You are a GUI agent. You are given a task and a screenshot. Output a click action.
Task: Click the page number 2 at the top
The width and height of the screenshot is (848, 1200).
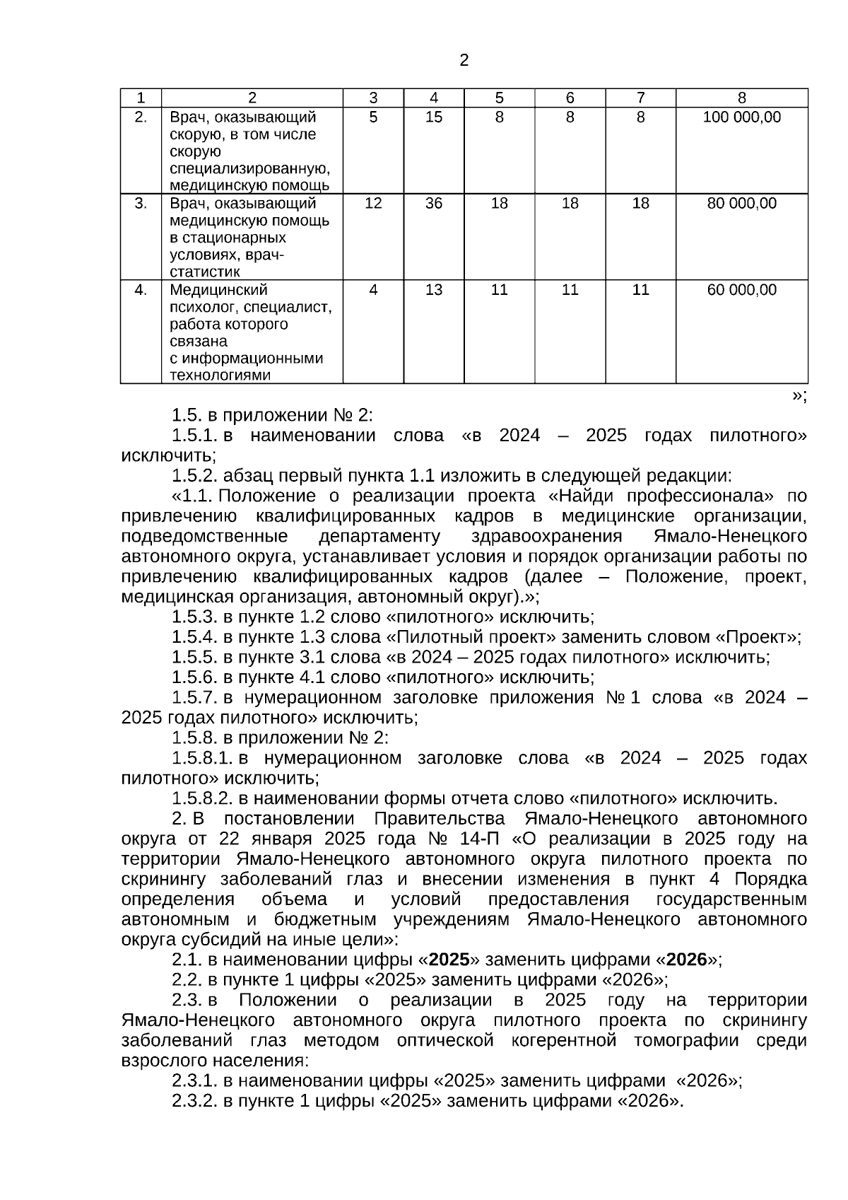click(464, 61)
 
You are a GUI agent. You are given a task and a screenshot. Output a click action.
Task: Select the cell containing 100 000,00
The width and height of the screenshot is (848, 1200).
click(741, 117)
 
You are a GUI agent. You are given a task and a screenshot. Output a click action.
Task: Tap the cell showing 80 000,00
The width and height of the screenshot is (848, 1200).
click(741, 204)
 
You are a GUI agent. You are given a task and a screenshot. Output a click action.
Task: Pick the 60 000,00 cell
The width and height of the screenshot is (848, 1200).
click(741, 290)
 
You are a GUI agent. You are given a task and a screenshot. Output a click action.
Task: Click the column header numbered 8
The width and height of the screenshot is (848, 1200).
click(741, 98)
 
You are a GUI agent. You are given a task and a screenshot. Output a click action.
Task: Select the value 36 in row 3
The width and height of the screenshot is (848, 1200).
click(433, 204)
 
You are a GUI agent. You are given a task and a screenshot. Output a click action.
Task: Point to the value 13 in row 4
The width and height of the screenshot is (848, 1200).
click(433, 290)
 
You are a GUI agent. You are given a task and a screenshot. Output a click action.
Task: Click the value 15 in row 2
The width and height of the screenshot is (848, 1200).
click(433, 117)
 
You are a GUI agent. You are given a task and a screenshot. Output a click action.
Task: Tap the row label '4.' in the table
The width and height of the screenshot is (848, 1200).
click(141, 290)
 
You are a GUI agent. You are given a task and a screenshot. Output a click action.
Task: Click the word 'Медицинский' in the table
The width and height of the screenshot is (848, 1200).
click(218, 290)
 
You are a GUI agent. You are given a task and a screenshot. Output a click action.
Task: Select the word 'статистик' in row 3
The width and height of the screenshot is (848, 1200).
click(204, 272)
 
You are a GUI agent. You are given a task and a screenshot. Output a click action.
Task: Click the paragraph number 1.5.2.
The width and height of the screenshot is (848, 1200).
click(194, 475)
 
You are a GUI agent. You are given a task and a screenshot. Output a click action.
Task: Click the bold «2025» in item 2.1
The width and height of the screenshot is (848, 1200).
click(449, 960)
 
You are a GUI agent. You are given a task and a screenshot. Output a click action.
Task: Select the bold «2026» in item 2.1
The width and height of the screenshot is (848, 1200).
click(686, 960)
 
